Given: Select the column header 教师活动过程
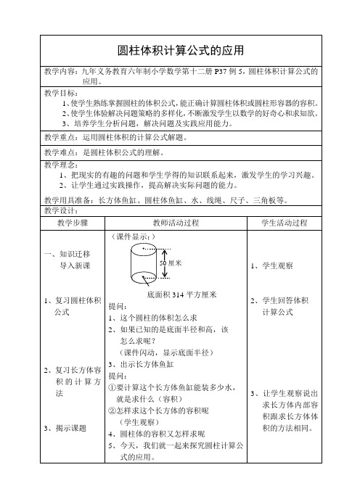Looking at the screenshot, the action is [x=178, y=201].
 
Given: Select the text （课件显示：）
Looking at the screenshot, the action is [x=131, y=216].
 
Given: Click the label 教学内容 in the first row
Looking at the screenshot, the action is [x=61, y=73].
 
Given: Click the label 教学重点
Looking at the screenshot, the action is [x=61, y=136].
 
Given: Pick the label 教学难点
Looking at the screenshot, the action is [x=61, y=152].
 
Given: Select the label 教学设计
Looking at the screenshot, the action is [x=61, y=191].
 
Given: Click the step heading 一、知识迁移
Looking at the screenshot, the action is [x=67, y=254].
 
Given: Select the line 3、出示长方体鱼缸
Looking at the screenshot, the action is [x=141, y=364].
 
